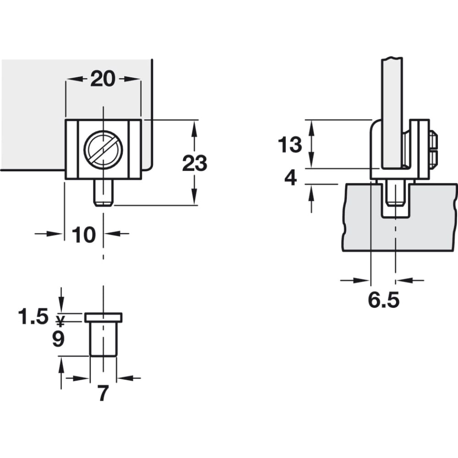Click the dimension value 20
click(103, 79)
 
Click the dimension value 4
click(291, 178)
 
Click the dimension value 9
click(58, 339)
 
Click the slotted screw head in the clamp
click(103, 150)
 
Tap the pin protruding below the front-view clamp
click(104, 193)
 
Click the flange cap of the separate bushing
click(104, 317)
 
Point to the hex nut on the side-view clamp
click(433, 150)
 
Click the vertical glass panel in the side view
click(392, 114)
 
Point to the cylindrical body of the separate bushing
click(104, 339)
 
